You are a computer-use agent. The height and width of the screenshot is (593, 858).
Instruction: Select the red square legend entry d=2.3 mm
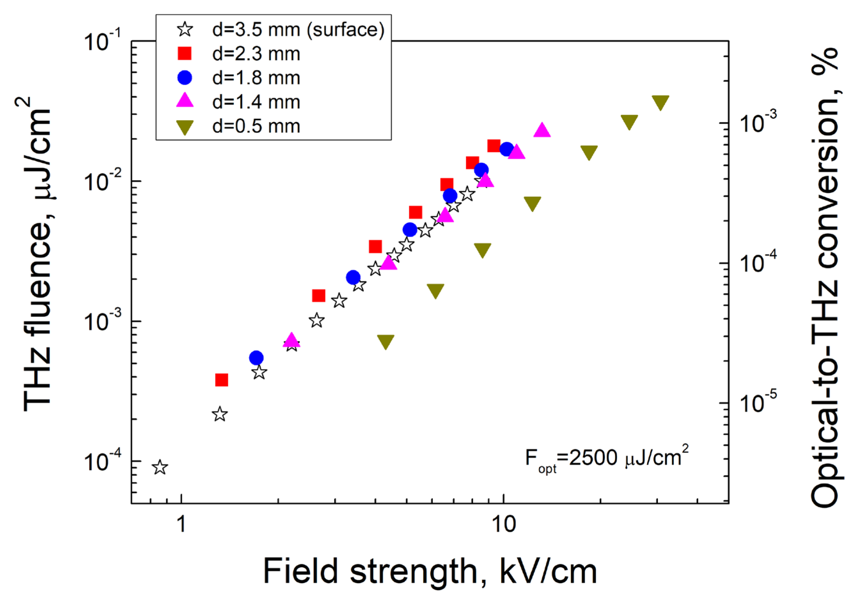(x=256, y=54)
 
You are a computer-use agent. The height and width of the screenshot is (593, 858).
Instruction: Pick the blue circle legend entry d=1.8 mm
(x=256, y=78)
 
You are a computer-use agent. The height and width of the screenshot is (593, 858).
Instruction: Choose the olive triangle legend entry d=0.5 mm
(x=256, y=126)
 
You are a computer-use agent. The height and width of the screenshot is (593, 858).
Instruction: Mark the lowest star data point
(x=160, y=467)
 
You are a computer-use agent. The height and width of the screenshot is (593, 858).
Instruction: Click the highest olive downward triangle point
(x=660, y=102)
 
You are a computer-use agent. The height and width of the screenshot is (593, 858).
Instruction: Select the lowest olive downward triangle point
(x=386, y=341)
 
